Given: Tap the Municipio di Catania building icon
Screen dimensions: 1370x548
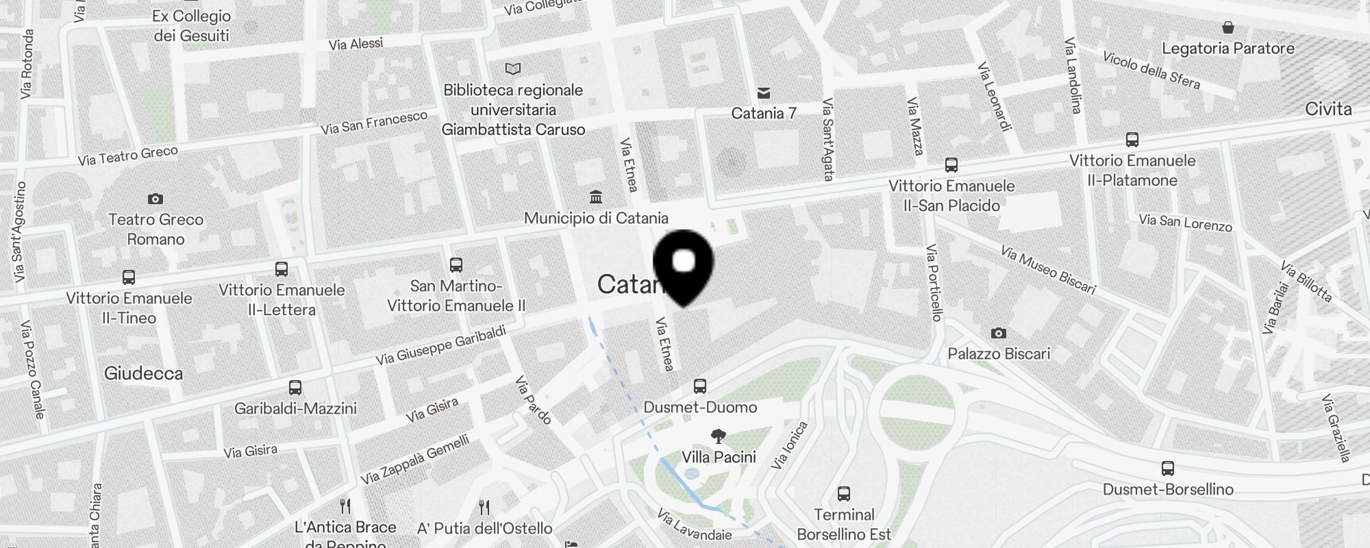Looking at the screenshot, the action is (x=596, y=197).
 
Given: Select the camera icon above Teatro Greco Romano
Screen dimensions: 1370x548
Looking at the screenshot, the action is (x=155, y=199).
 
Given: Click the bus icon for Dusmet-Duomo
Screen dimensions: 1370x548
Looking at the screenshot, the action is (x=699, y=386).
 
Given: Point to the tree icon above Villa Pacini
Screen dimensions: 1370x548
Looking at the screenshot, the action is (x=719, y=436).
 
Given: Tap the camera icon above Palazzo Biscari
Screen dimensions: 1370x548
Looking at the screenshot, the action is (x=999, y=333).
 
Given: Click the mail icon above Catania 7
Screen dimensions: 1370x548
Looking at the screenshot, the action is (x=764, y=93).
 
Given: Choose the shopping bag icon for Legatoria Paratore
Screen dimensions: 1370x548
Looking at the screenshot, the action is (x=1228, y=28).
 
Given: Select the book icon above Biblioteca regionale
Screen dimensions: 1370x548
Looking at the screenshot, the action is (x=513, y=68).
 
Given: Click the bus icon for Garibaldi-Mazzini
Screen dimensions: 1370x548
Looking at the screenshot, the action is (x=295, y=388).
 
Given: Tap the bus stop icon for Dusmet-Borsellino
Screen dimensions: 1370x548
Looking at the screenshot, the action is (x=1168, y=469).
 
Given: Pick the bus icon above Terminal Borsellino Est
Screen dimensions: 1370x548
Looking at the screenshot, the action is (x=844, y=494).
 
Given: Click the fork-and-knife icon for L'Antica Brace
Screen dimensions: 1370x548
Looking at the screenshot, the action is (x=345, y=507).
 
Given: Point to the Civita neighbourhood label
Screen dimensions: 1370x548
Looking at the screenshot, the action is (x=1328, y=109).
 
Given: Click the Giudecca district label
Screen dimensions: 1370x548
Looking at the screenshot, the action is (x=144, y=373).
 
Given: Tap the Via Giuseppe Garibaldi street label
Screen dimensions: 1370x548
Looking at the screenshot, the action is (x=440, y=345).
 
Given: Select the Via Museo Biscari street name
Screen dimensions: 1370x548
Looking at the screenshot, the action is (x=1048, y=269).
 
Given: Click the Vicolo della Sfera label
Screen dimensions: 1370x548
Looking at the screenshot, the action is (x=1151, y=70).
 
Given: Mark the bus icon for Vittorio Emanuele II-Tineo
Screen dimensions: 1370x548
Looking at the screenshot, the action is (x=129, y=277).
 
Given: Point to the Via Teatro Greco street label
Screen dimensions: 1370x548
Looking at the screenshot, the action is (x=128, y=155).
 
